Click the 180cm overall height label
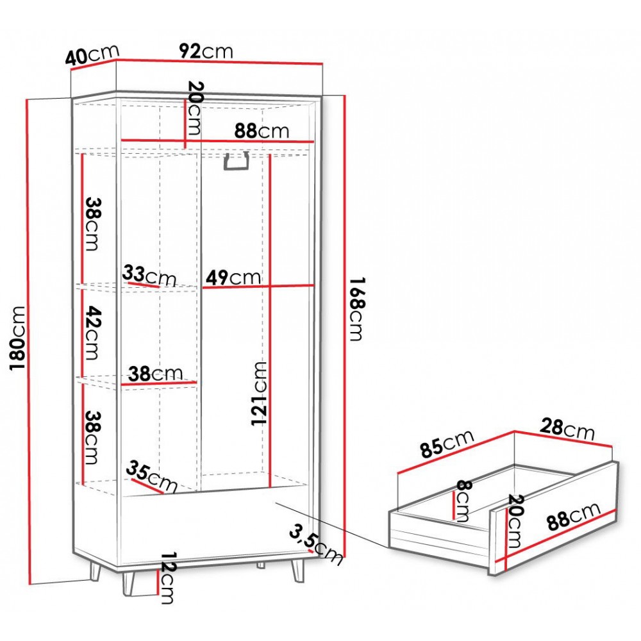(x=18, y=337)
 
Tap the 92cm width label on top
(x=206, y=51)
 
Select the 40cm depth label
(x=92, y=54)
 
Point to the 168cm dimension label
(x=356, y=309)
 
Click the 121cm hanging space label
(x=259, y=394)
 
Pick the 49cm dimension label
(x=233, y=277)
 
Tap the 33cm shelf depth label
(x=149, y=276)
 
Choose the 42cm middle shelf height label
(x=92, y=333)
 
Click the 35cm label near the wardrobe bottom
(x=152, y=476)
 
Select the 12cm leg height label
(x=167, y=578)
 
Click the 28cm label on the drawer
(x=567, y=429)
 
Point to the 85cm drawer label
(x=447, y=443)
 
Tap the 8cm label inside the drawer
(x=463, y=501)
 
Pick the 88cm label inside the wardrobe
(x=262, y=131)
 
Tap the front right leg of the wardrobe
(x=297, y=570)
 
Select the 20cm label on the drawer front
(x=514, y=520)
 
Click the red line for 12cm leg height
(x=157, y=582)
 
